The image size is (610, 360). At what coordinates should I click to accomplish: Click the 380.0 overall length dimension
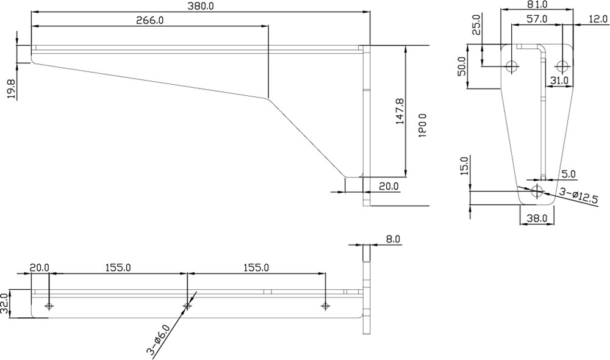[x=201, y=6]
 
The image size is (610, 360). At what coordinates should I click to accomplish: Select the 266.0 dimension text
[x=150, y=20]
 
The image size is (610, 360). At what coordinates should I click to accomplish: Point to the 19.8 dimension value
[x=12, y=88]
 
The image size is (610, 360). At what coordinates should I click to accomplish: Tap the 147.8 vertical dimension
[x=400, y=112]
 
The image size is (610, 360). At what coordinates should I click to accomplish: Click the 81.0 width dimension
[x=537, y=5]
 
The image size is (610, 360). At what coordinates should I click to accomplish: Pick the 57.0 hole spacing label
[x=537, y=19]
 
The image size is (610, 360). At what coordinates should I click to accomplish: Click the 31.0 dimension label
[x=559, y=80]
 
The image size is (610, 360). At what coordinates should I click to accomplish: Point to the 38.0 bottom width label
[x=537, y=218]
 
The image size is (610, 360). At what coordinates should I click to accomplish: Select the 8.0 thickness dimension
[x=393, y=239]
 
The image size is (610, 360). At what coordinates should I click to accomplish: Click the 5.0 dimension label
[x=569, y=174]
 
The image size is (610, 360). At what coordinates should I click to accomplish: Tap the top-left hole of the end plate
[x=512, y=67]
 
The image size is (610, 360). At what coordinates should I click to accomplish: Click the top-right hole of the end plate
[x=562, y=67]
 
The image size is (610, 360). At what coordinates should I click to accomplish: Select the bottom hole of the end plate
[x=537, y=191]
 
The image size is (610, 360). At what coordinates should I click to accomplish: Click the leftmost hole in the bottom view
[x=49, y=306]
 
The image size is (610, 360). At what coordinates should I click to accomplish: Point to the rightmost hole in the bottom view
[x=326, y=306]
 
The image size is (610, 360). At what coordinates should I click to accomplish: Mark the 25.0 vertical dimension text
[x=478, y=24]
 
